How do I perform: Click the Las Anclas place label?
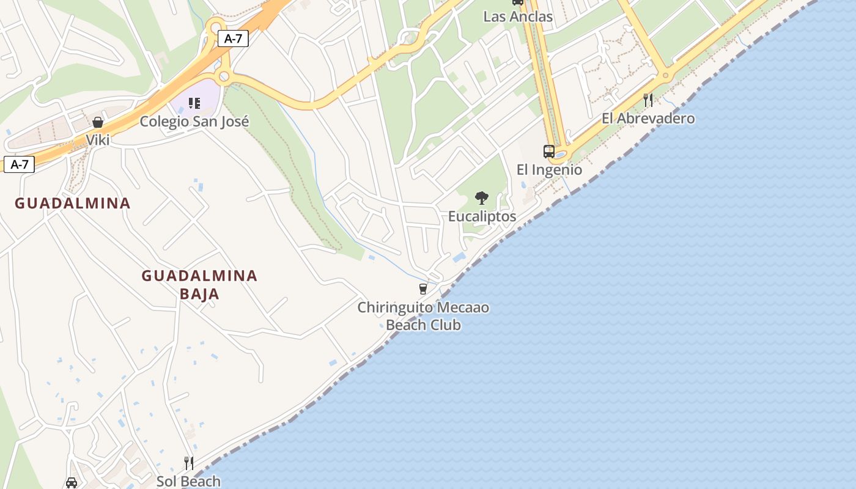point(517,17)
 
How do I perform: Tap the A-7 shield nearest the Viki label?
point(19,164)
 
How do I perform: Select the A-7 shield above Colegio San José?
point(233,39)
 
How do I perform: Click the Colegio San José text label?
point(194,121)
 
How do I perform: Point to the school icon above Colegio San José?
point(194,103)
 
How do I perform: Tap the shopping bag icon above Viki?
point(98,123)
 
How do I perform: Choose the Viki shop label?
point(98,140)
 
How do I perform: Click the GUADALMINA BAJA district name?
point(199,285)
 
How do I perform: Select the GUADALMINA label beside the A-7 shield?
point(73,203)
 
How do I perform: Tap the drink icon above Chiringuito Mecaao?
point(422,289)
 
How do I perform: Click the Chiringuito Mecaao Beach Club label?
point(423,316)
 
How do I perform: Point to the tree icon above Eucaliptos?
point(482,198)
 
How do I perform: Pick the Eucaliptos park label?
point(482,216)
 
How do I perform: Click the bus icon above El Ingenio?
point(549,151)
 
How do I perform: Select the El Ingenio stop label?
point(549,169)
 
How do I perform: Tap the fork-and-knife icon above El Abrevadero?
point(648,100)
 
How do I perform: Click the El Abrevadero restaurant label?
point(648,118)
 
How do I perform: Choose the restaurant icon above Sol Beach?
point(189,463)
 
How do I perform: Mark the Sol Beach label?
point(188,481)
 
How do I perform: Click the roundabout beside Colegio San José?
point(224,76)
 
